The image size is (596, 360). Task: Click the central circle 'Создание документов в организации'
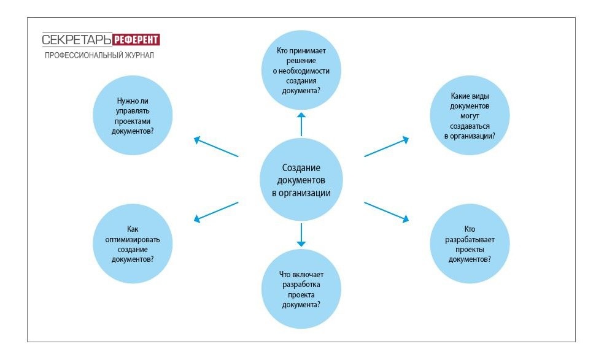(x=301, y=180)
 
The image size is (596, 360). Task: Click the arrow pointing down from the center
(x=301, y=235)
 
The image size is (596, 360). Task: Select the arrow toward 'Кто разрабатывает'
(x=387, y=210)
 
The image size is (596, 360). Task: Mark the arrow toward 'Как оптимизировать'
(x=215, y=210)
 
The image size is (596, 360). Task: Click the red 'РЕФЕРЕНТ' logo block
(x=136, y=40)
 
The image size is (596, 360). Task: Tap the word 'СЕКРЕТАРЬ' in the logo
(x=77, y=40)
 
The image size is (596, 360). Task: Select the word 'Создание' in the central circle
(x=301, y=168)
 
